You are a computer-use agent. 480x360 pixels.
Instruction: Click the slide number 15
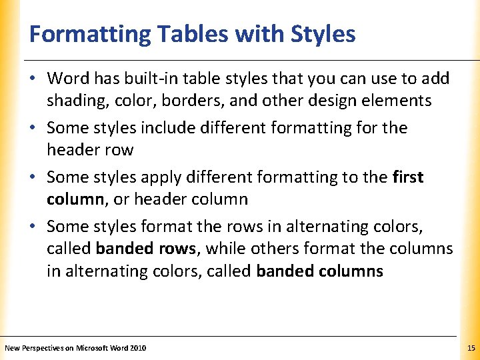tap(471, 348)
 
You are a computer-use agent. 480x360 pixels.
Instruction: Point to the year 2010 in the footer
tap(139, 348)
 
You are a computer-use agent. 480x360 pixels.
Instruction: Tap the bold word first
tap(408, 177)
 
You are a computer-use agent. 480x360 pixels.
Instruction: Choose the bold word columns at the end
tap(353, 271)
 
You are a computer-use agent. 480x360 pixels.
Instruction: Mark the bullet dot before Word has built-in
tap(33, 79)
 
